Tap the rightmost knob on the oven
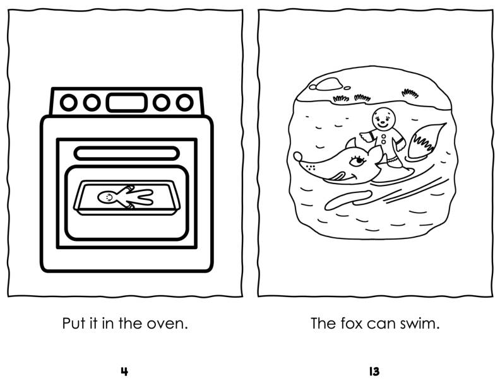[184, 101]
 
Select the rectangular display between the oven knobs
[127, 101]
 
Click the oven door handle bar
[127, 153]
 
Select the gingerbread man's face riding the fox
[383, 116]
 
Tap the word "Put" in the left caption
[74, 324]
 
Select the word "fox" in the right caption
[352, 324]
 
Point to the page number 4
[124, 371]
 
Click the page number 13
[374, 371]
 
